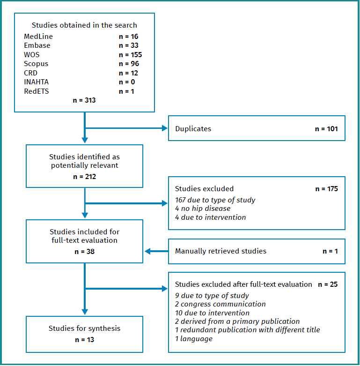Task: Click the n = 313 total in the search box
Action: (x=84, y=100)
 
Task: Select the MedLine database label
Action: (x=38, y=37)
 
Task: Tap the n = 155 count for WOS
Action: (x=130, y=55)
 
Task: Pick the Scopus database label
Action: (x=36, y=64)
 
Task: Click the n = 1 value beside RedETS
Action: (x=126, y=91)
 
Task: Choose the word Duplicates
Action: (x=193, y=128)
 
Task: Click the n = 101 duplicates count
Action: (x=326, y=128)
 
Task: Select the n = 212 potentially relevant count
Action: (x=84, y=177)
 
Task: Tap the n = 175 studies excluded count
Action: (x=326, y=189)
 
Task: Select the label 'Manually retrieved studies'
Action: (x=220, y=251)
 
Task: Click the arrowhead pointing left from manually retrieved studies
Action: (x=148, y=251)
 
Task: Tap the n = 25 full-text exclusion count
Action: (x=328, y=284)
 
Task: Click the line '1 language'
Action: (x=194, y=338)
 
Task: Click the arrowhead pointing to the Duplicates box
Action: (x=165, y=128)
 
